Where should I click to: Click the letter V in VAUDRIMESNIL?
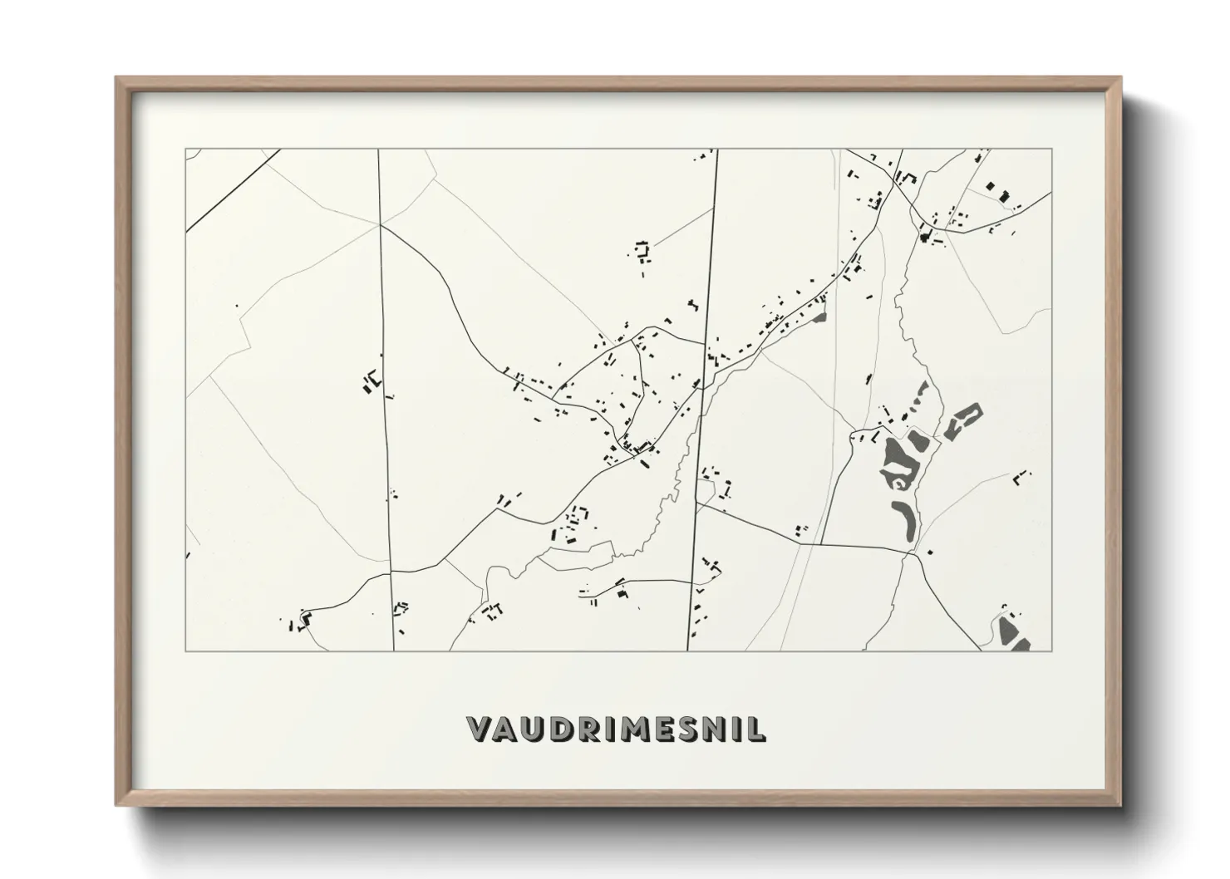[x=480, y=729]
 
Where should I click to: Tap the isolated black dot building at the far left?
[x=237, y=306]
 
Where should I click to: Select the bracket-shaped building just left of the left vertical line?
[x=371, y=381]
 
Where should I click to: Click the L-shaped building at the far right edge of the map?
[x=1021, y=477]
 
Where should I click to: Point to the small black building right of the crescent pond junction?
[x=930, y=552]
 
